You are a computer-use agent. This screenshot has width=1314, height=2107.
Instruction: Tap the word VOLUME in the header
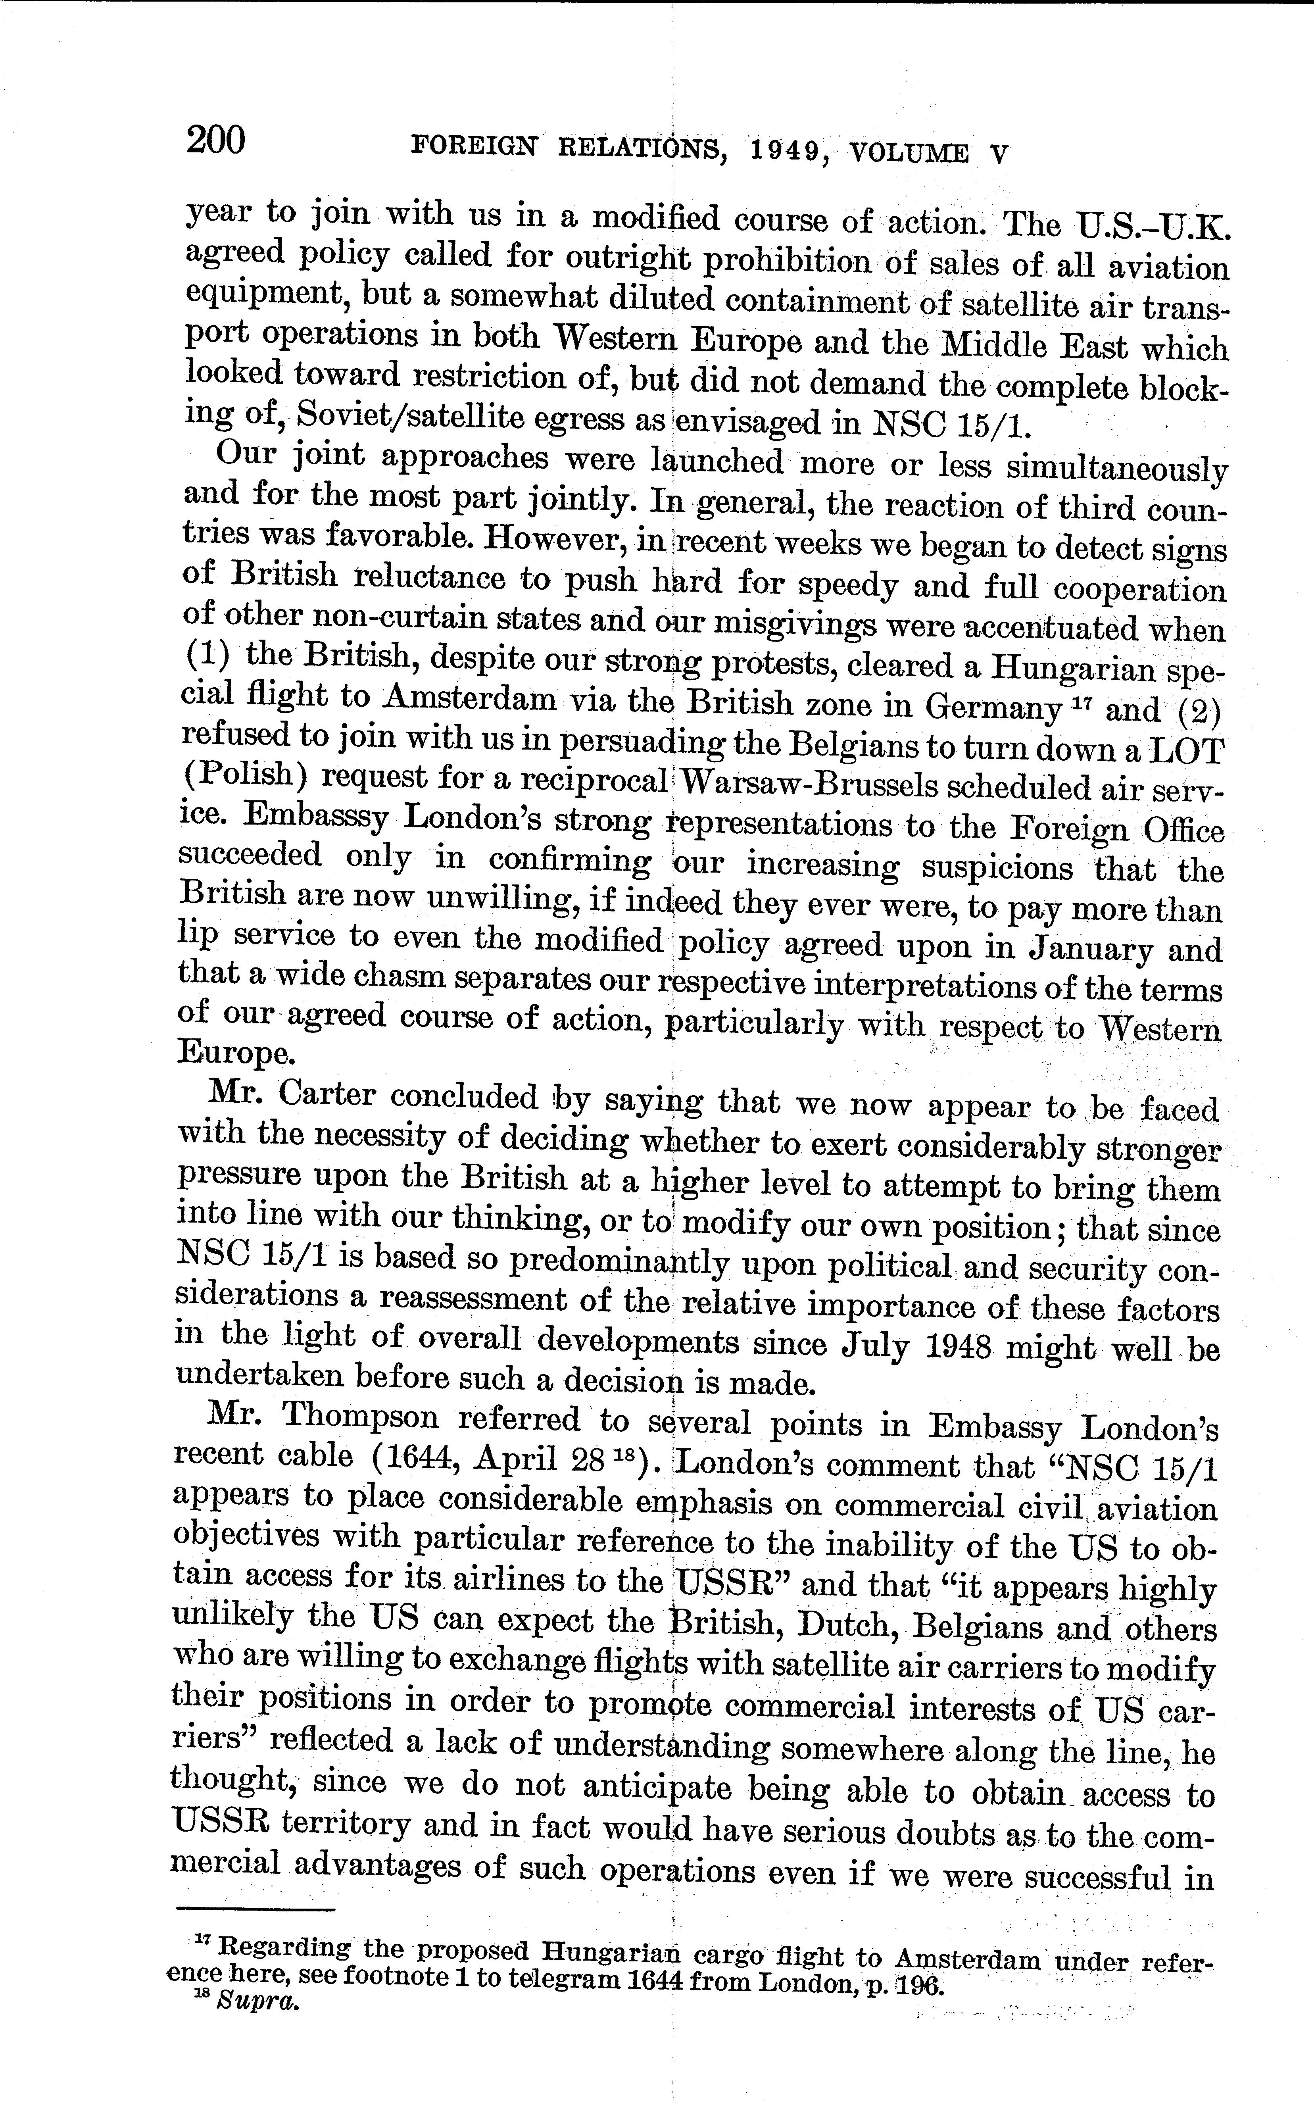click(x=908, y=154)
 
